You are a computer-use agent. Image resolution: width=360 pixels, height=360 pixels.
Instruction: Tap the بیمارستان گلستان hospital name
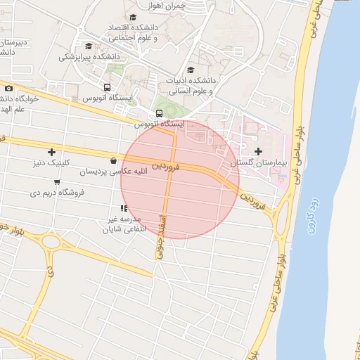pyautogui.click(x=257, y=163)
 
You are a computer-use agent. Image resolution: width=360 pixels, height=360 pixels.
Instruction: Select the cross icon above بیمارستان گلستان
pyautogui.click(x=258, y=151)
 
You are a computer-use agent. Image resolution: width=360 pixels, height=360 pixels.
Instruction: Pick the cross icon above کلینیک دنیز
pyautogui.click(x=51, y=152)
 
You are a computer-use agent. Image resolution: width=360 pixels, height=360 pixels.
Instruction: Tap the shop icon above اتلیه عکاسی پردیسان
pyautogui.click(x=114, y=161)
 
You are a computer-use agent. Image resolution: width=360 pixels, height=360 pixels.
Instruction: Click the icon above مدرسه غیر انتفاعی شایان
pyautogui.click(x=124, y=208)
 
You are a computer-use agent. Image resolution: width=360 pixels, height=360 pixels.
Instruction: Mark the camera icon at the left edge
pyautogui.click(x=8, y=88)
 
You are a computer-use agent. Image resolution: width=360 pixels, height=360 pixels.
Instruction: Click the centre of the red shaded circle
pyautogui.click(x=180, y=179)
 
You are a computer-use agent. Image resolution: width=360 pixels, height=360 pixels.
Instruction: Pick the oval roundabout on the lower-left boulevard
pyautogui.click(x=51, y=243)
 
